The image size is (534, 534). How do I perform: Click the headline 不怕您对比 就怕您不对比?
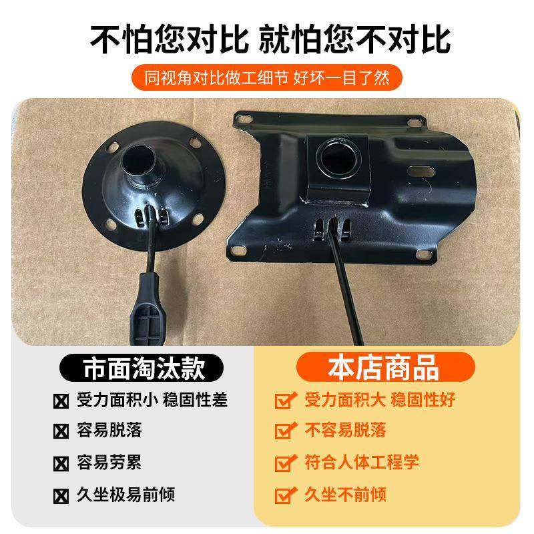click(x=267, y=38)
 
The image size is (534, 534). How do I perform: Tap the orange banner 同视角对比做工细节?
click(x=267, y=77)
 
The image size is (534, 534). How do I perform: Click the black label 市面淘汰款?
click(x=143, y=368)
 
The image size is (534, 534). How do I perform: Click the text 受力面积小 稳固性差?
click(x=153, y=400)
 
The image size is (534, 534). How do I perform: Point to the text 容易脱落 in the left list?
click(x=110, y=430)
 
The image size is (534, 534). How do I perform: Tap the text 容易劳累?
click(x=110, y=462)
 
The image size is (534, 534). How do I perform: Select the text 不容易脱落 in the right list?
click(x=345, y=430)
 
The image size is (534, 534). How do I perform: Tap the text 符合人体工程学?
click(x=361, y=462)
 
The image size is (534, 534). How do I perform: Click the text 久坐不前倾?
click(x=345, y=495)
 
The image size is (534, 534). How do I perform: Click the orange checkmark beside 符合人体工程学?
click(x=286, y=462)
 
